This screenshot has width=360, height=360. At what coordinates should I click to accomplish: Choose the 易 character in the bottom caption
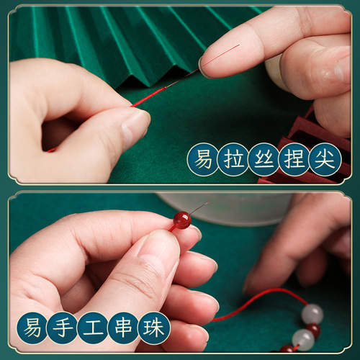(32, 327)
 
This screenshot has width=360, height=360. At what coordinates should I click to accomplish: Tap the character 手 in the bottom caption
(63, 327)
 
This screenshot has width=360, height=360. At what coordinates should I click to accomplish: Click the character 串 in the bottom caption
(124, 327)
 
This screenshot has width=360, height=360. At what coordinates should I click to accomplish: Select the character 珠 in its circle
(154, 327)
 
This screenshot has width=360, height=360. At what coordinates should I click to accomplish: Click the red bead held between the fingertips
(182, 220)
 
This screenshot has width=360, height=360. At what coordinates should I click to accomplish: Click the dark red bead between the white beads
(313, 329)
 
